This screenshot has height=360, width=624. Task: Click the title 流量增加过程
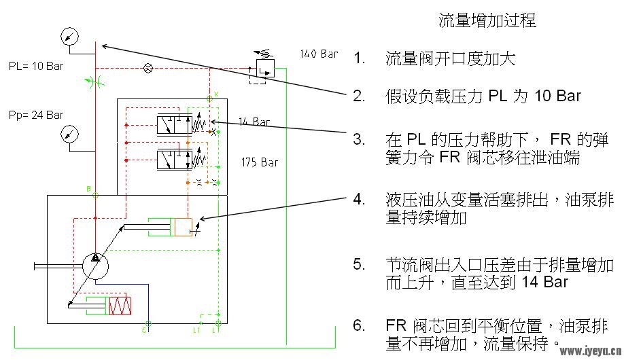487,20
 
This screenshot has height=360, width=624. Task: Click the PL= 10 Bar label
36,66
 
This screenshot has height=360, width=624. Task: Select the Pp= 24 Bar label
36,115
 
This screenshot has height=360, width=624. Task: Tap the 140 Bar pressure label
319,54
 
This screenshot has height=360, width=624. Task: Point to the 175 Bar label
260,162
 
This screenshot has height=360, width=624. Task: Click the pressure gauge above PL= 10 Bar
69,37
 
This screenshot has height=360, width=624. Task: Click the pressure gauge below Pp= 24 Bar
69,134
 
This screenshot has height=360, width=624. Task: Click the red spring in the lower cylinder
120,306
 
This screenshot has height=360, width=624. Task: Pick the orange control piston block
183,227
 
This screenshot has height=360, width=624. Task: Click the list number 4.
359,199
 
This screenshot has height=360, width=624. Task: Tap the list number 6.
359,325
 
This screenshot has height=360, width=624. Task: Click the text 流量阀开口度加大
450,59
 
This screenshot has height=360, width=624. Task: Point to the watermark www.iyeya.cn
591,351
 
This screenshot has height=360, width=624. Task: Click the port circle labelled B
96,196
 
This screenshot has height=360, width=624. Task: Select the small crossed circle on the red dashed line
148,68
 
